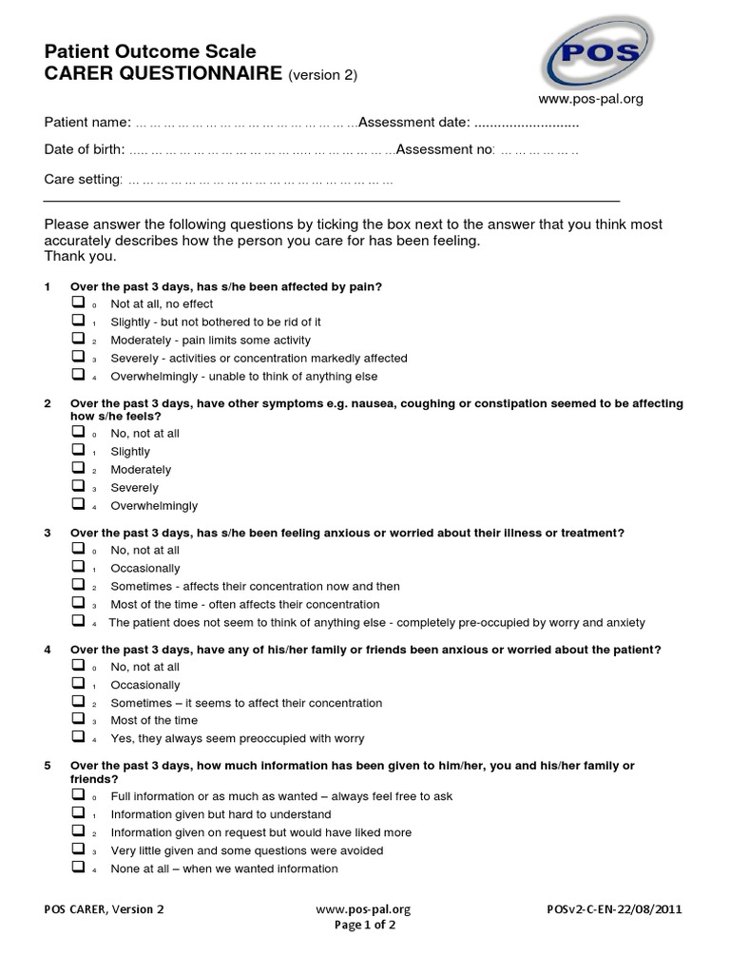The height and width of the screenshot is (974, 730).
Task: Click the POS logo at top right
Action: click(x=596, y=54)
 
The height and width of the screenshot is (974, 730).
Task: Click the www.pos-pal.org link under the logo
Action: click(x=591, y=98)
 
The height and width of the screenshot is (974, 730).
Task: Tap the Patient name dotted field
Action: click(x=245, y=123)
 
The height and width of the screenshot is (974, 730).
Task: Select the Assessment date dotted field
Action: click(x=527, y=123)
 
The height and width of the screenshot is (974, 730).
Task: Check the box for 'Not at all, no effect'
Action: click(x=78, y=302)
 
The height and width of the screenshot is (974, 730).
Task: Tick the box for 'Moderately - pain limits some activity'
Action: click(x=78, y=339)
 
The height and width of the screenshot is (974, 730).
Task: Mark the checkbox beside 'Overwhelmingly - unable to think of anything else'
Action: click(x=78, y=375)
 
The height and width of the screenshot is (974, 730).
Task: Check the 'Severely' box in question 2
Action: click(x=78, y=486)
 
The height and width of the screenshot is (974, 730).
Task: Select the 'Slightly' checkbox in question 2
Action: click(x=78, y=450)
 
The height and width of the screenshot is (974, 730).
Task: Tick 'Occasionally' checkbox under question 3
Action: click(x=78, y=567)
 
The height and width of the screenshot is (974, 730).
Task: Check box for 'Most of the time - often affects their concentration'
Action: click(x=78, y=603)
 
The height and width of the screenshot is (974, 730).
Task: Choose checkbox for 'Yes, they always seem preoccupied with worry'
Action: click(x=78, y=737)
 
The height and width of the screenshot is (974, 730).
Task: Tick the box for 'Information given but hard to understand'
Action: click(x=78, y=813)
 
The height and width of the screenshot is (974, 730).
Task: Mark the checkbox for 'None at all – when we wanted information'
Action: click(x=78, y=867)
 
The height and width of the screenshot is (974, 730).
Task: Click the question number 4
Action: click(x=48, y=650)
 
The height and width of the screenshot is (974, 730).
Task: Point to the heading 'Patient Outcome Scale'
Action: click(x=150, y=52)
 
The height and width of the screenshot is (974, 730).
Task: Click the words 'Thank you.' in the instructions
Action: click(x=81, y=257)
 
